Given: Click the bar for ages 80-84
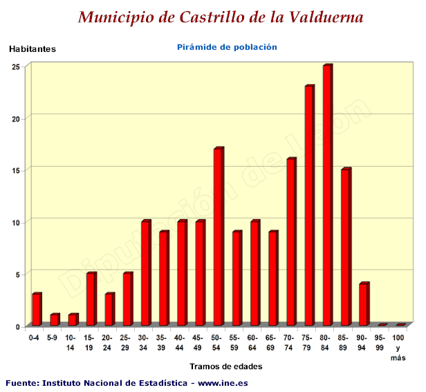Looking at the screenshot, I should point(327,195).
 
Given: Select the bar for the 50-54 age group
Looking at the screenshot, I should point(218,236).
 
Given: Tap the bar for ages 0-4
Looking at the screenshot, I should point(37,309).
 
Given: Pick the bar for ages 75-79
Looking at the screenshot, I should point(309,205).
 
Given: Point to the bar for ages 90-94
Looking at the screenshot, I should point(364,304).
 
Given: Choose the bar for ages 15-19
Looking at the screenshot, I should point(91,299).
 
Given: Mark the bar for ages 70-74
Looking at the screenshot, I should point(291,242).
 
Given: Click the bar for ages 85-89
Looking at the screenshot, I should point(346,247).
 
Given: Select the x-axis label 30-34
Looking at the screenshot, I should point(143,342).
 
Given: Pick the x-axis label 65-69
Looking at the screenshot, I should point(270,342).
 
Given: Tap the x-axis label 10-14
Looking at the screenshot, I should point(71,342).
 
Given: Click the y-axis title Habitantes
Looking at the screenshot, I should point(33,49).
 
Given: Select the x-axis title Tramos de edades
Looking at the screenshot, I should point(226,367).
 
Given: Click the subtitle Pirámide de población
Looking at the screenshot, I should point(227,47).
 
